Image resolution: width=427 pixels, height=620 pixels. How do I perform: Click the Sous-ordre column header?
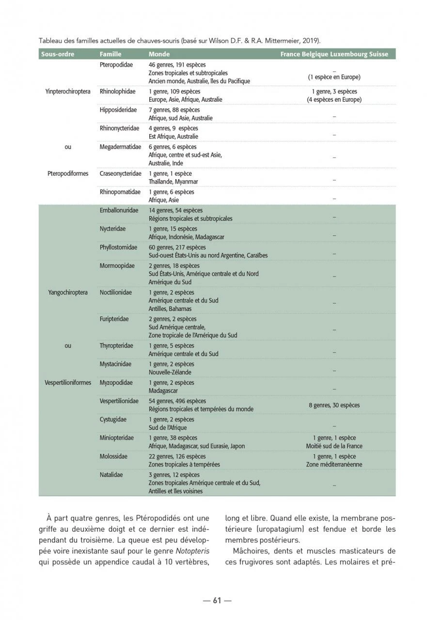(x=58, y=54)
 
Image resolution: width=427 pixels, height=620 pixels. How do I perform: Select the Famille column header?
(x=111, y=54)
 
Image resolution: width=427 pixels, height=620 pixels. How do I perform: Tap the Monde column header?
(x=159, y=54)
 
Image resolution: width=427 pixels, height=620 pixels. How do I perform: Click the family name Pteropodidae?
(x=116, y=64)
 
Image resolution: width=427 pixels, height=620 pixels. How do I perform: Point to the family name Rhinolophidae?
(x=118, y=91)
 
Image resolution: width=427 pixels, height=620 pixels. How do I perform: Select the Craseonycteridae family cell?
(x=121, y=173)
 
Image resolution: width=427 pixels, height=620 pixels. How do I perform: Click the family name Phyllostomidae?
(x=119, y=247)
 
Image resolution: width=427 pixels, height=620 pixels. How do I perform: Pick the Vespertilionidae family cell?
(x=119, y=401)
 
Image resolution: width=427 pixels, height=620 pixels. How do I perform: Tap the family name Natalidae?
(x=111, y=475)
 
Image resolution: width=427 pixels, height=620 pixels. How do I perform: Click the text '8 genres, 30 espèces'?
(x=334, y=405)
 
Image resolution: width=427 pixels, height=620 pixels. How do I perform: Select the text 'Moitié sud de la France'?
(x=334, y=446)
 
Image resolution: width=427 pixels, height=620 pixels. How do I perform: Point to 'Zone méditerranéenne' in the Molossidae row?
(x=334, y=465)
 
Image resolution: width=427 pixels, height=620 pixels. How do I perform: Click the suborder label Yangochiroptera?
(x=68, y=293)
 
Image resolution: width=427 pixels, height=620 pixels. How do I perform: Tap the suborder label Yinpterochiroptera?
(x=68, y=91)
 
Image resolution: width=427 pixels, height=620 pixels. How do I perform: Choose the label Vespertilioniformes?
(x=68, y=383)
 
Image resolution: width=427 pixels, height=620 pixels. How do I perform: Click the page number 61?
(x=217, y=601)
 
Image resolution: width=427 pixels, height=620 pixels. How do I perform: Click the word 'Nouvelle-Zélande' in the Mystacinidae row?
(x=170, y=372)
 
